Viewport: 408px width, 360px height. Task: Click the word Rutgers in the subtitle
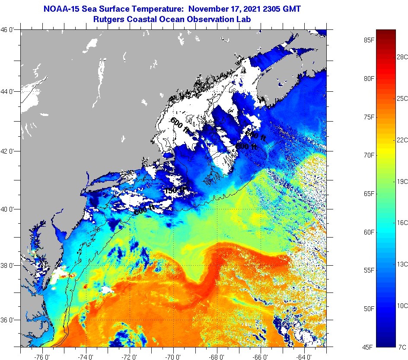[x=110, y=19]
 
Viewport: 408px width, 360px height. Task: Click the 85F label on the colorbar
[x=368, y=41]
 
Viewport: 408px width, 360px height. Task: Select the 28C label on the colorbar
[x=402, y=57]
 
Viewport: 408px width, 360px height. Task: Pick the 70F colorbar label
[x=368, y=155]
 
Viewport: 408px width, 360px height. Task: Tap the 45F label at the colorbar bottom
[x=368, y=347]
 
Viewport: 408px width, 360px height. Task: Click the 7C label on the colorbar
[x=402, y=347]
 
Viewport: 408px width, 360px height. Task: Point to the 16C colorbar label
[x=402, y=222]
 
